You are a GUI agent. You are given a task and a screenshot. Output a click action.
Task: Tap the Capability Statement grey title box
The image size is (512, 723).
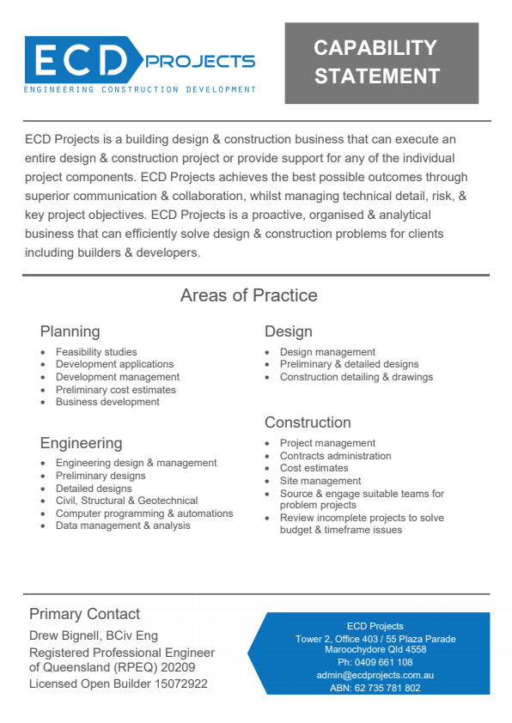[x=381, y=62]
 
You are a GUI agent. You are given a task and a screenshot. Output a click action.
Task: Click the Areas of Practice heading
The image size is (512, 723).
[x=248, y=296]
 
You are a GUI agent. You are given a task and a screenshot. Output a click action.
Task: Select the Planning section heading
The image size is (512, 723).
[x=70, y=331]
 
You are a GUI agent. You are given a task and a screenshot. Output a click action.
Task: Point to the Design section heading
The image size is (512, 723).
[x=288, y=331]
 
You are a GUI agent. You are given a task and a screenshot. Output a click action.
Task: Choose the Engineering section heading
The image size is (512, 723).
[x=81, y=443]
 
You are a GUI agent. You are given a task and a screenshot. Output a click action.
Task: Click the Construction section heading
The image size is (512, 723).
[x=308, y=422]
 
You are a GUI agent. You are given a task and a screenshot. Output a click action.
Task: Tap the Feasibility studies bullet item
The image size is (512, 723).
[x=96, y=352]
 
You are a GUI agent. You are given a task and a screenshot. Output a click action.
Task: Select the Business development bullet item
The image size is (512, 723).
[x=107, y=402]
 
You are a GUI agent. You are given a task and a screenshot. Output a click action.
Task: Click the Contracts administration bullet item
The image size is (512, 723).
[x=335, y=456]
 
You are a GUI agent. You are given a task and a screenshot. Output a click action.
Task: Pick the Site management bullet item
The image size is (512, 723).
[x=320, y=481]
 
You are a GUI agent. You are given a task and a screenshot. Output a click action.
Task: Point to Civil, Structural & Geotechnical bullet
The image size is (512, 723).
[x=126, y=501]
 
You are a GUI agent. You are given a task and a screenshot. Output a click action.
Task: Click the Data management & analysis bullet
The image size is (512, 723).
[x=123, y=526]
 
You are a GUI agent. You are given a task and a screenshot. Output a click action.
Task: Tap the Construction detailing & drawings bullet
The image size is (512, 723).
[x=357, y=377]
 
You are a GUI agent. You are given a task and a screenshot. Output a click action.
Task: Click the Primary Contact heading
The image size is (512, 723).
[x=84, y=614]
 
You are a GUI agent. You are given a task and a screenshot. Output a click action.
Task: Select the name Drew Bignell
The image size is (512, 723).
[x=65, y=635]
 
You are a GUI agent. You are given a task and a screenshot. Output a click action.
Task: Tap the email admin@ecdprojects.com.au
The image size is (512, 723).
[x=375, y=676]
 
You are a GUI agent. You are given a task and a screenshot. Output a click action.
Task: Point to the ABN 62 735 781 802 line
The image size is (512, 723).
[x=375, y=688]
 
